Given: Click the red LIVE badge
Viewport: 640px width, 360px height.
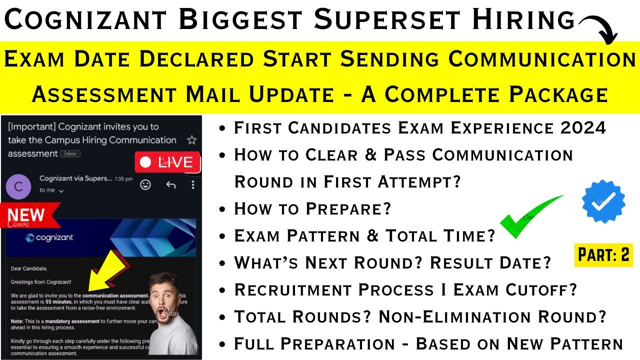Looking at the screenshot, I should point(167,162).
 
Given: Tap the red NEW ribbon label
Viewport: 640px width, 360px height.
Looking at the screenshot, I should point(26,215).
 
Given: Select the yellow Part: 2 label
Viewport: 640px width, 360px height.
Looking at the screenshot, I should point(603,254).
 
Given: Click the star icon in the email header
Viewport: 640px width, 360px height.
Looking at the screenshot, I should point(191,140).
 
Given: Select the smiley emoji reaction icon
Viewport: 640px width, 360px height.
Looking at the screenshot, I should point(145,184).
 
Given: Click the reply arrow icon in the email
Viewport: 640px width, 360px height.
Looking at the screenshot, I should point(170,184).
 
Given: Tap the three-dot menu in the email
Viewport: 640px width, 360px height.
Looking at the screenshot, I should point(193,184).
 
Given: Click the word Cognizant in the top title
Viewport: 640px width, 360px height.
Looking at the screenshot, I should point(85,20).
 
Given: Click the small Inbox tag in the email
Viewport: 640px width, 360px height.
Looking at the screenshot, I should point(70,154).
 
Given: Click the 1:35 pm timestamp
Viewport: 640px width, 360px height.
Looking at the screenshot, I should point(123,178).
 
